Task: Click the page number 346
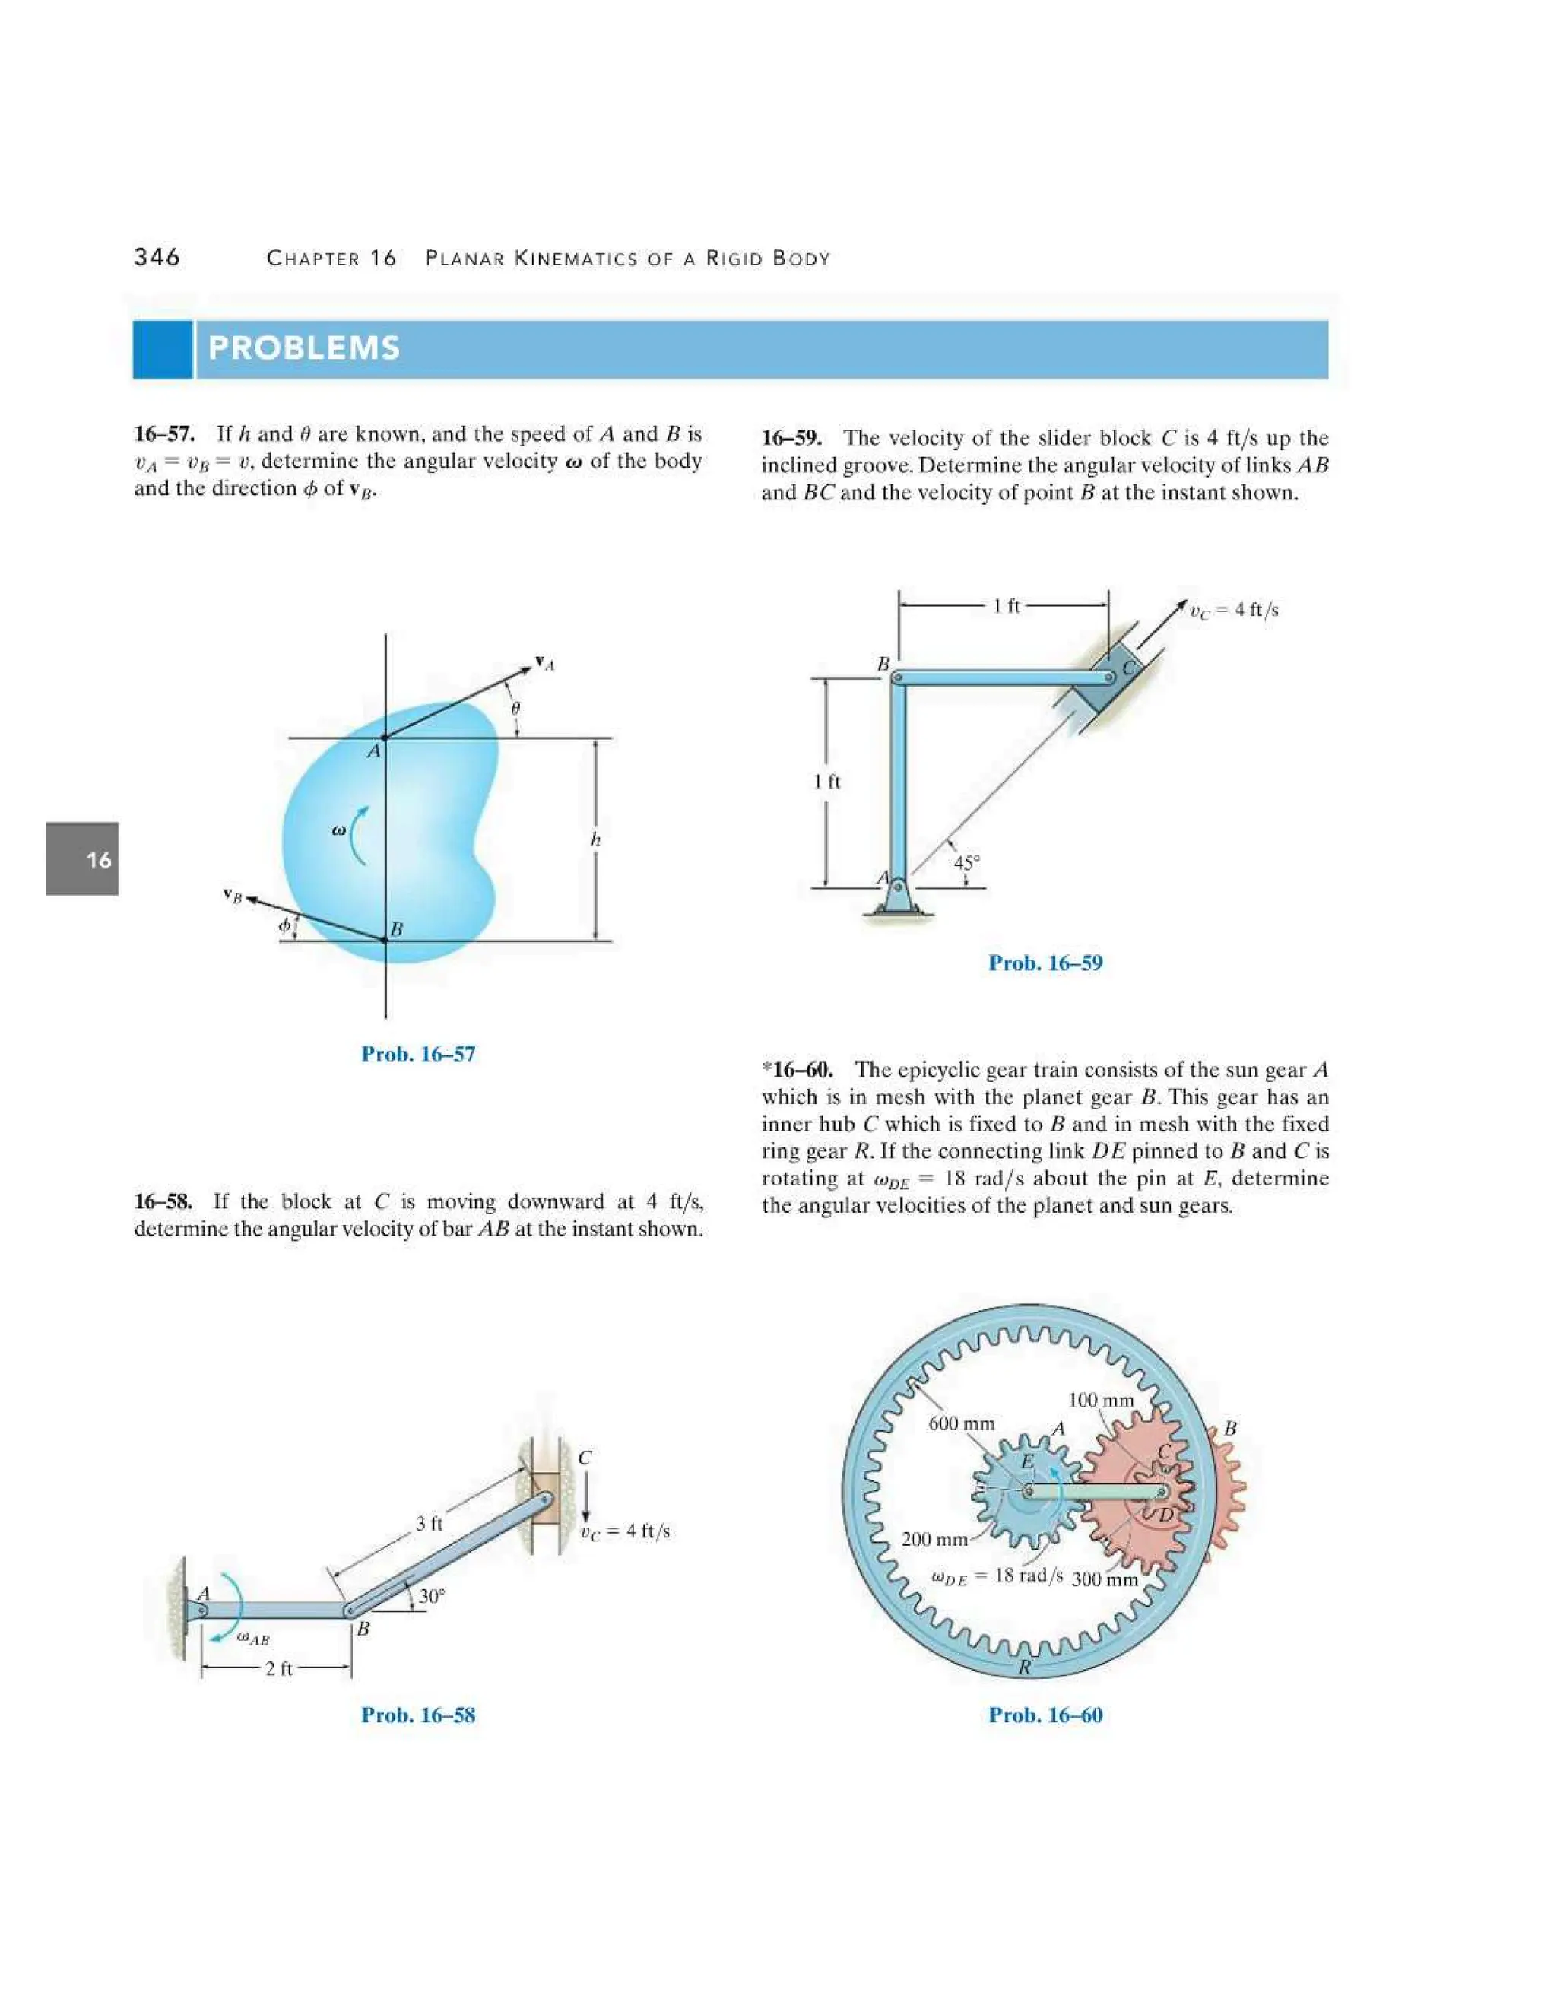click(157, 258)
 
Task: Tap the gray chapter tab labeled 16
click(82, 859)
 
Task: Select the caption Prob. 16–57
click(418, 1054)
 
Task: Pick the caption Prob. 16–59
click(1045, 963)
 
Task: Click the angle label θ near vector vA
click(515, 708)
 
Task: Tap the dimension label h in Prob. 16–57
click(595, 839)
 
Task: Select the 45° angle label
click(966, 863)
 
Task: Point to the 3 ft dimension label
click(429, 1523)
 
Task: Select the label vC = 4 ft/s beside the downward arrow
click(626, 1531)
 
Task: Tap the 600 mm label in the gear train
click(961, 1423)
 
